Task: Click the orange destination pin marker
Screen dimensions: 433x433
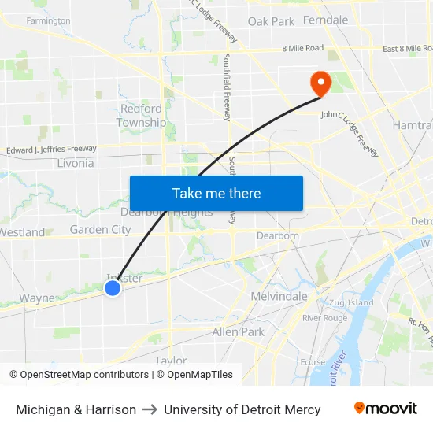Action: point(320,83)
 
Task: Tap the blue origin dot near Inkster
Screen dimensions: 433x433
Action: point(113,288)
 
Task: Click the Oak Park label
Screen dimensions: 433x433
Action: point(271,21)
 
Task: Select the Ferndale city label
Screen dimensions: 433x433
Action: point(325,20)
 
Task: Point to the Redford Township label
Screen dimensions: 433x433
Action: point(142,115)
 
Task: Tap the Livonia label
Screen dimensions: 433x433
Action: point(76,163)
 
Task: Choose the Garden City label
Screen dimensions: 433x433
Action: point(100,229)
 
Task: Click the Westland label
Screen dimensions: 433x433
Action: point(22,232)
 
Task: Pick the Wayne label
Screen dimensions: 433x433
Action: point(37,298)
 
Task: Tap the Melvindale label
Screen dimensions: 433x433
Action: point(279,296)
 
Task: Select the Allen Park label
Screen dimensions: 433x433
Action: point(239,332)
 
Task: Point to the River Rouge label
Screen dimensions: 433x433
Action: point(324,317)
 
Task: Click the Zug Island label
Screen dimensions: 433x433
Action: point(351,302)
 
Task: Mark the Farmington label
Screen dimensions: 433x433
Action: point(48,20)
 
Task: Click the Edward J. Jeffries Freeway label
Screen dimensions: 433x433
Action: point(51,149)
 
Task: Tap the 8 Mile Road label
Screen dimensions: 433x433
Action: point(303,48)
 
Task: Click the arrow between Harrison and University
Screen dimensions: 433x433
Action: point(150,409)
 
